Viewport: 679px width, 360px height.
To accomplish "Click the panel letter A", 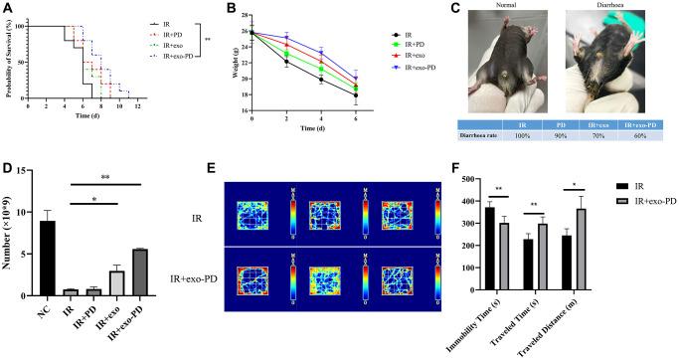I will (7, 7).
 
